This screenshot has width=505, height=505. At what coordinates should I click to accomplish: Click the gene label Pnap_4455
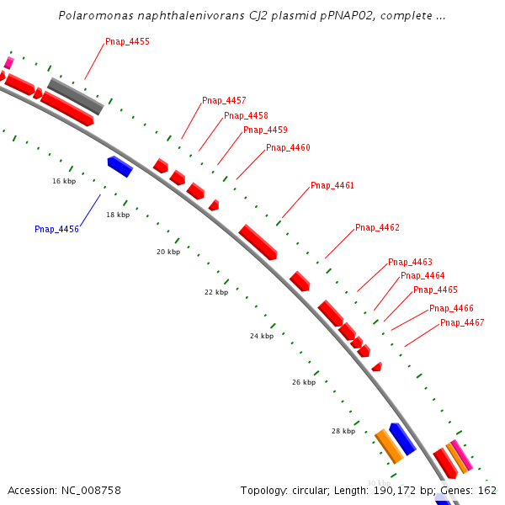127,41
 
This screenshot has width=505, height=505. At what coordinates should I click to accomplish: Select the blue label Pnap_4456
56,229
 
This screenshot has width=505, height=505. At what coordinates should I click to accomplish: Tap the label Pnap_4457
224,101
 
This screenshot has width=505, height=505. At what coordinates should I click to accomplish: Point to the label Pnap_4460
288,148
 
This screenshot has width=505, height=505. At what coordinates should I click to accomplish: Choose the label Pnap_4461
332,186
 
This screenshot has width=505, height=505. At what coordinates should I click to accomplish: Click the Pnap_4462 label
377,228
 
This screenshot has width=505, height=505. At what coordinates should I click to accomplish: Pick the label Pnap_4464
423,276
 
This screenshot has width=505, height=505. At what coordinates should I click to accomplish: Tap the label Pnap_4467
462,323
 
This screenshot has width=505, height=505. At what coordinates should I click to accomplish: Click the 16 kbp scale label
64,181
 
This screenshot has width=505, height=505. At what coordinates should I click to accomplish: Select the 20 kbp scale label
168,252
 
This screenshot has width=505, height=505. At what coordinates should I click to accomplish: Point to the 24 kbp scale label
262,336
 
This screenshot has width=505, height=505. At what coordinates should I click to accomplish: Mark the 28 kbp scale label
343,431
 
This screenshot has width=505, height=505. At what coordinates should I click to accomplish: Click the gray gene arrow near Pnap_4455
76,96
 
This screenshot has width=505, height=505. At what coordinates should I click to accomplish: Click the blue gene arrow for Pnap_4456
120,167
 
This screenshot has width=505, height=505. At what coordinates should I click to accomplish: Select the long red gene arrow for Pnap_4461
258,242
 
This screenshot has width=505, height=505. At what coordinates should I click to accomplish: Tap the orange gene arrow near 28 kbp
388,446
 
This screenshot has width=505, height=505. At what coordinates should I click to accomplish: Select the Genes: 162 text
476,490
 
